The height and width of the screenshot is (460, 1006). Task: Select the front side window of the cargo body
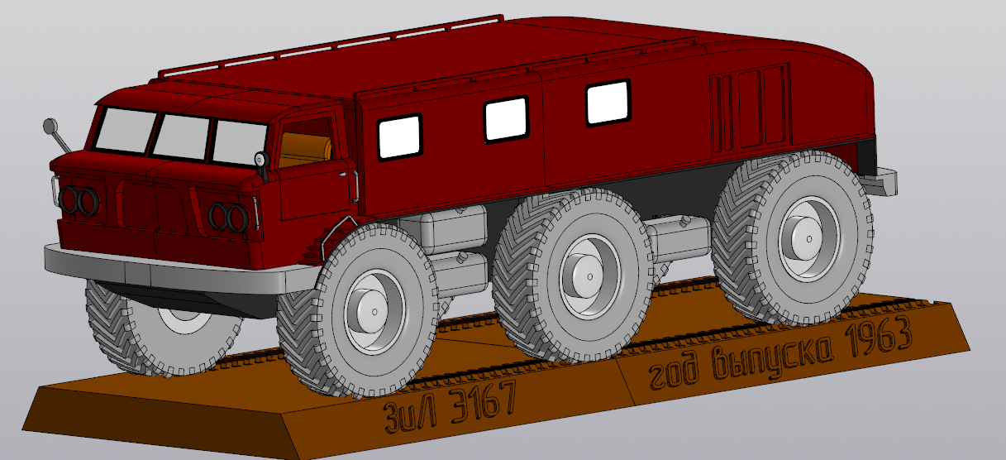click(x=400, y=137)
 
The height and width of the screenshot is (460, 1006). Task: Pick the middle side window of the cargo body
click(x=506, y=119)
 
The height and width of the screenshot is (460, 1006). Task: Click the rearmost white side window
click(x=608, y=103)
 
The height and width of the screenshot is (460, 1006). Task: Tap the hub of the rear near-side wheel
click(x=808, y=239)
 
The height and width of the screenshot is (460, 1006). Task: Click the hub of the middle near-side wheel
click(x=589, y=276)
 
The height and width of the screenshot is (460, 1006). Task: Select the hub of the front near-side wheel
click(x=374, y=312)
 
